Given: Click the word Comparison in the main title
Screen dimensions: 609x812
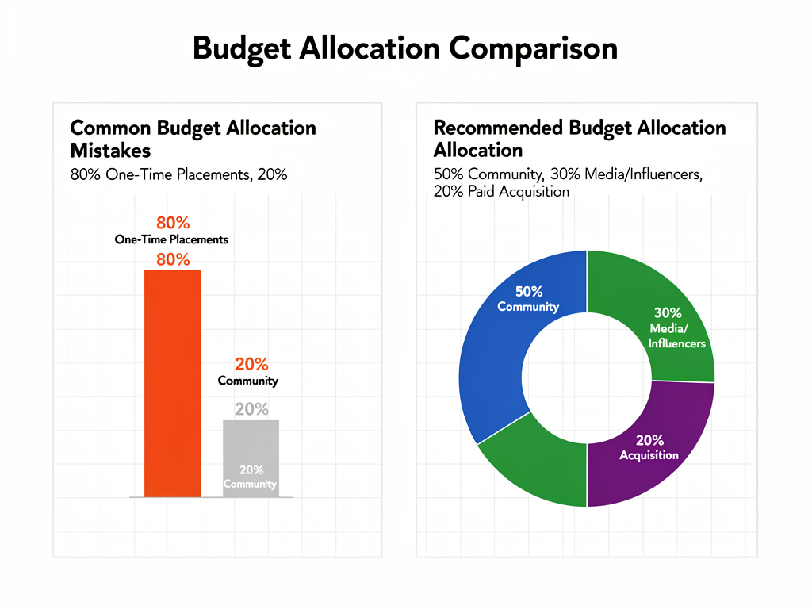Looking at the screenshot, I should (533, 48).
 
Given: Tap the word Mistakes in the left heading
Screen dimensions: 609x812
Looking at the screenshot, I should (110, 150).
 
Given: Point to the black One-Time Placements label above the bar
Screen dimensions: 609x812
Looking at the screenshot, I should (171, 239).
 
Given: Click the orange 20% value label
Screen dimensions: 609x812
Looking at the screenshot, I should (251, 364).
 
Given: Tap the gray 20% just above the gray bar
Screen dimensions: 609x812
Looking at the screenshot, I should (251, 409).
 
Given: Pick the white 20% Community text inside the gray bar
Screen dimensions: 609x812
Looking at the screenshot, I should (251, 477).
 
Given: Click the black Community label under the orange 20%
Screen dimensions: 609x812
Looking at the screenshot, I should (248, 381).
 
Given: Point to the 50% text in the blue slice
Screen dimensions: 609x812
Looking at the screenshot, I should (528, 291).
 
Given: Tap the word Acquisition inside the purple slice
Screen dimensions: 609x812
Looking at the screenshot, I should (649, 455).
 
